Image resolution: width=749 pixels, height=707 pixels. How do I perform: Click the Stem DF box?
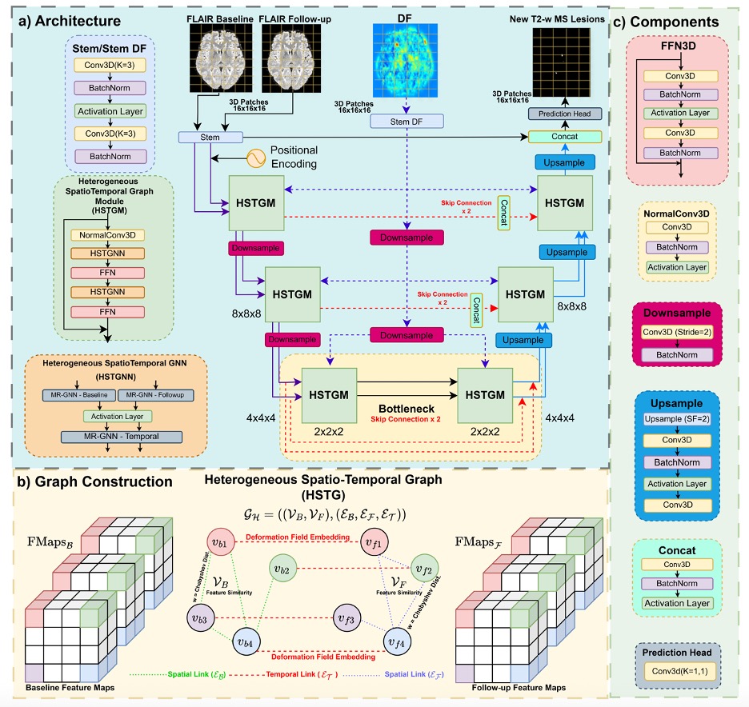[x=411, y=121]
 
